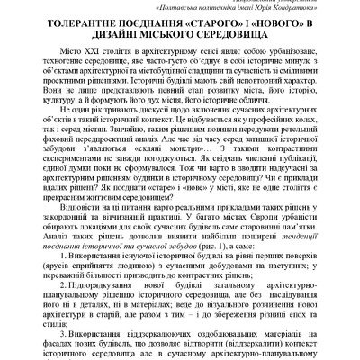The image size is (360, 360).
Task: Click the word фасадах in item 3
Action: (x=64, y=353)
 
